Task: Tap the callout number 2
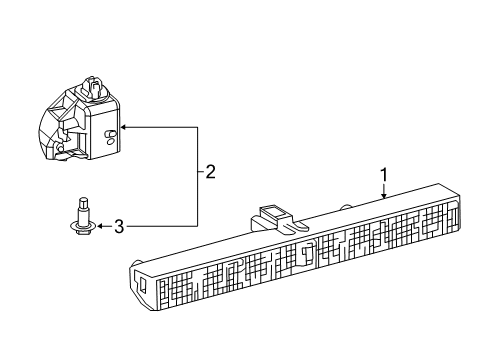tap(210, 171)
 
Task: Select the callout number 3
tap(118, 227)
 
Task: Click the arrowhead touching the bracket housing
tap(123, 127)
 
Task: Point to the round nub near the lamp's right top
tap(347, 207)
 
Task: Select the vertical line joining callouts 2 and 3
tap(196, 177)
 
